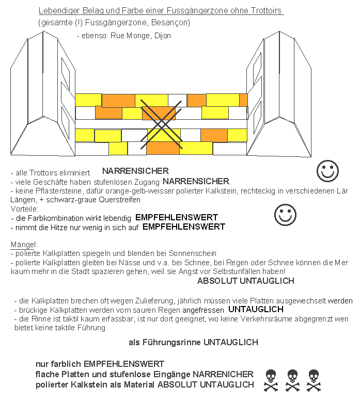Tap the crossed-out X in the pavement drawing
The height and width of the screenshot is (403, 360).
(x=162, y=122)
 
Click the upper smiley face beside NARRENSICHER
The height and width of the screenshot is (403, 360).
(x=327, y=171)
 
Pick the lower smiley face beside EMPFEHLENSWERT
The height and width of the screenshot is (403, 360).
(x=285, y=215)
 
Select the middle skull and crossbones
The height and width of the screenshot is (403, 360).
(x=292, y=380)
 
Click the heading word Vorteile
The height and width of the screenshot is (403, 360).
(x=24, y=209)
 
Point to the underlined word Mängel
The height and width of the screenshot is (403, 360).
(x=21, y=244)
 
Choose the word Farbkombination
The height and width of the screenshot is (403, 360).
(x=56, y=218)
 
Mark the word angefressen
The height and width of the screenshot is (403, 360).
(x=202, y=310)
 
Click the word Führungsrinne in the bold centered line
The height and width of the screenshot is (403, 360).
(x=170, y=342)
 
